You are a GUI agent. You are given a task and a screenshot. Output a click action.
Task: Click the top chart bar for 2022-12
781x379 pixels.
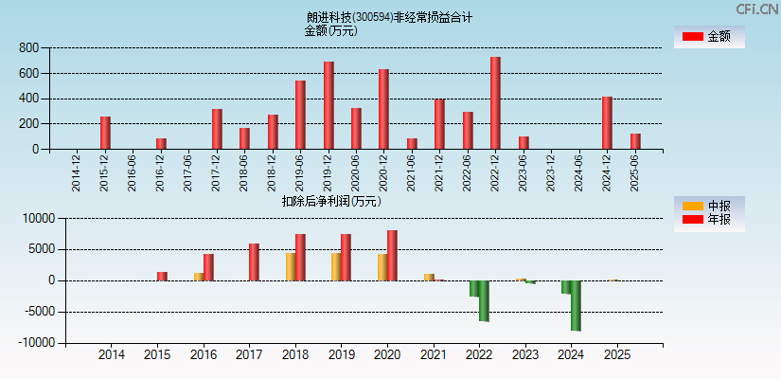(x=495, y=103)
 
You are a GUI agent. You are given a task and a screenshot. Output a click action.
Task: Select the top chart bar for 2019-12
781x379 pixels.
(x=328, y=105)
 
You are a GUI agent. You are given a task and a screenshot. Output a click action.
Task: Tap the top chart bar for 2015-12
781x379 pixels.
(x=105, y=133)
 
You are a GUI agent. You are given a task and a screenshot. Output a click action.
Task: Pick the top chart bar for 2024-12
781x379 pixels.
(x=607, y=123)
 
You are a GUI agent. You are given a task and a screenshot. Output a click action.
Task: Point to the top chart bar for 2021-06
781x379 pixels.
(x=412, y=144)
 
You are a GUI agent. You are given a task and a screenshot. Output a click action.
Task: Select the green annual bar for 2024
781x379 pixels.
(x=576, y=305)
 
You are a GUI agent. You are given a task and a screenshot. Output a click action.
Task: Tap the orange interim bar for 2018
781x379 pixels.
(x=291, y=266)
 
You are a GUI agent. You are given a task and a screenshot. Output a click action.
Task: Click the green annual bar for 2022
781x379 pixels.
(x=484, y=300)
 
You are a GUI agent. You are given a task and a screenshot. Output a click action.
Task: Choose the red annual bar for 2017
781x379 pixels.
(x=254, y=262)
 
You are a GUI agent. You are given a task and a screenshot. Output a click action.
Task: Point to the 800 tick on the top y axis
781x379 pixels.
(x=27, y=47)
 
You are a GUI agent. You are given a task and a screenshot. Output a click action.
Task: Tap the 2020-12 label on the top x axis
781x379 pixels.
(x=384, y=171)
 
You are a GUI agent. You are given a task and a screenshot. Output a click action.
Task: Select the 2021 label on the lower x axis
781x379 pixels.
(x=434, y=355)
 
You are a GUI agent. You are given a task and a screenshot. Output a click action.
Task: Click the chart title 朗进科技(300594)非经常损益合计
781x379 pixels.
(x=389, y=17)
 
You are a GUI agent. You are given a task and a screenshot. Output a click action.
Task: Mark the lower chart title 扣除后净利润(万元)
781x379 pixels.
(x=331, y=201)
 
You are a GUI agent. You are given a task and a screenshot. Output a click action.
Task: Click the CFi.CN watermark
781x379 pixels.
(x=756, y=9)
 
